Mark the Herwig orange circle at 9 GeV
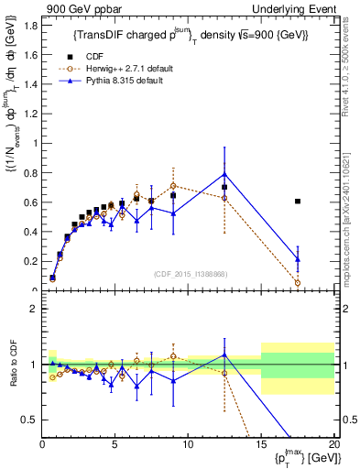[x=173, y=186]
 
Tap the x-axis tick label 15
[x=261, y=444]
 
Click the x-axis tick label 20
[x=333, y=444]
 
